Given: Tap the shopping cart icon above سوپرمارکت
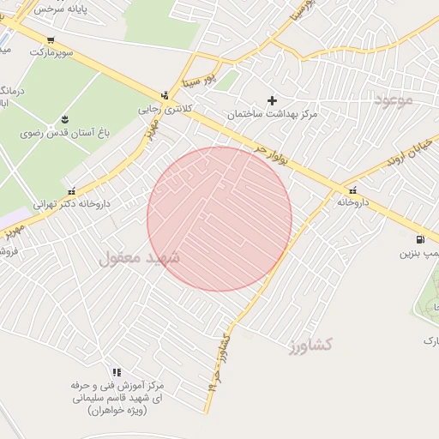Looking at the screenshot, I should (51, 40).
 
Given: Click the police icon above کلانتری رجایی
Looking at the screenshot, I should (165, 95).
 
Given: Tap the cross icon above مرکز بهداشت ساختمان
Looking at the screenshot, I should (273, 100).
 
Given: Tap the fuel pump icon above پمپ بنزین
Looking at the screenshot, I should (419, 240).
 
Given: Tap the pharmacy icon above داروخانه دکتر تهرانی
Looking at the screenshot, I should (70, 191).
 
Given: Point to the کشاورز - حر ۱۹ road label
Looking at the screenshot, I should (219, 361).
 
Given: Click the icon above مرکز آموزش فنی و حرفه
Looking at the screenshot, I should (117, 372).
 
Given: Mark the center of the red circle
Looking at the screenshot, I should (219, 219).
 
